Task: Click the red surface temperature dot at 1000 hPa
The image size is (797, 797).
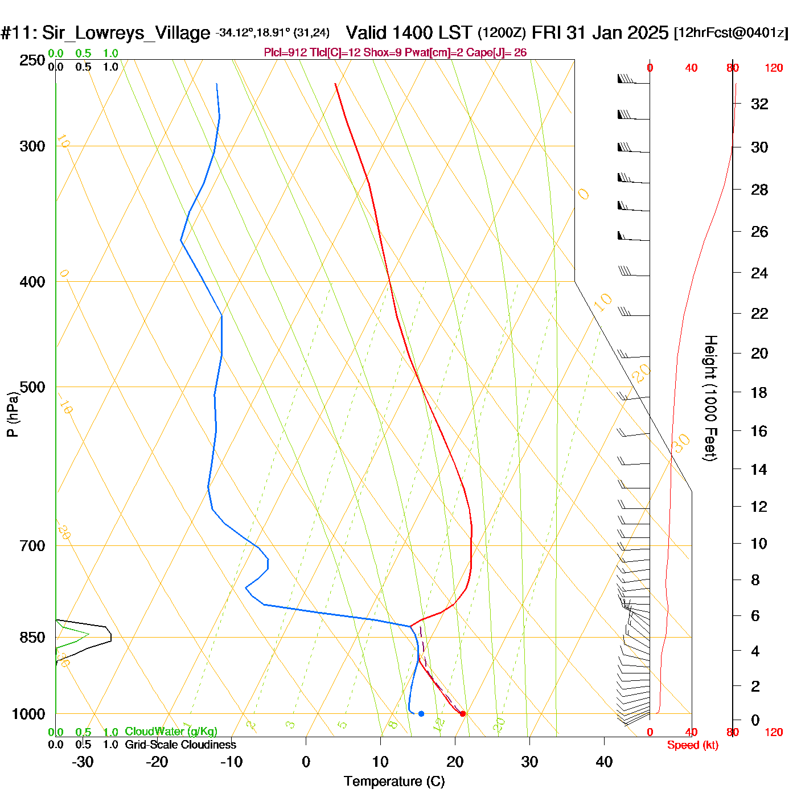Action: (462, 713)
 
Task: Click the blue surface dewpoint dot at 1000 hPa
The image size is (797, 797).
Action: (421, 713)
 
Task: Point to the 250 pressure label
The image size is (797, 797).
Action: (32, 60)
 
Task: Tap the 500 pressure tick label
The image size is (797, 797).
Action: (32, 387)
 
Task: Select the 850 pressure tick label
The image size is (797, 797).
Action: (32, 638)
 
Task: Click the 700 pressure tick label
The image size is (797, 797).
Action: (32, 546)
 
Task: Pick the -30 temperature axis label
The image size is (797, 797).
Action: (83, 762)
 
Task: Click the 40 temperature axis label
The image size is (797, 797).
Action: (604, 762)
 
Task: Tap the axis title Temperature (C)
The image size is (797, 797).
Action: (394, 782)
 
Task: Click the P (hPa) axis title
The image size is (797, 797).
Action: (12, 414)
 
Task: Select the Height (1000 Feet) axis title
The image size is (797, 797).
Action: (710, 398)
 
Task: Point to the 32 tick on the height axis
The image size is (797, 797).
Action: (759, 104)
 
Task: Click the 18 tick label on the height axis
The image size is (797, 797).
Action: (759, 392)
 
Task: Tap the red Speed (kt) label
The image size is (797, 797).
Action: (692, 745)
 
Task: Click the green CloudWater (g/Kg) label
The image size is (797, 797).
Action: (171, 732)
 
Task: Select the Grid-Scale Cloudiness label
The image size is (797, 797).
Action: (180, 745)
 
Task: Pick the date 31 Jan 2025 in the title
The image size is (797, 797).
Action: (617, 32)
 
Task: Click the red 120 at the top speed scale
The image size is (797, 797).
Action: (774, 68)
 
